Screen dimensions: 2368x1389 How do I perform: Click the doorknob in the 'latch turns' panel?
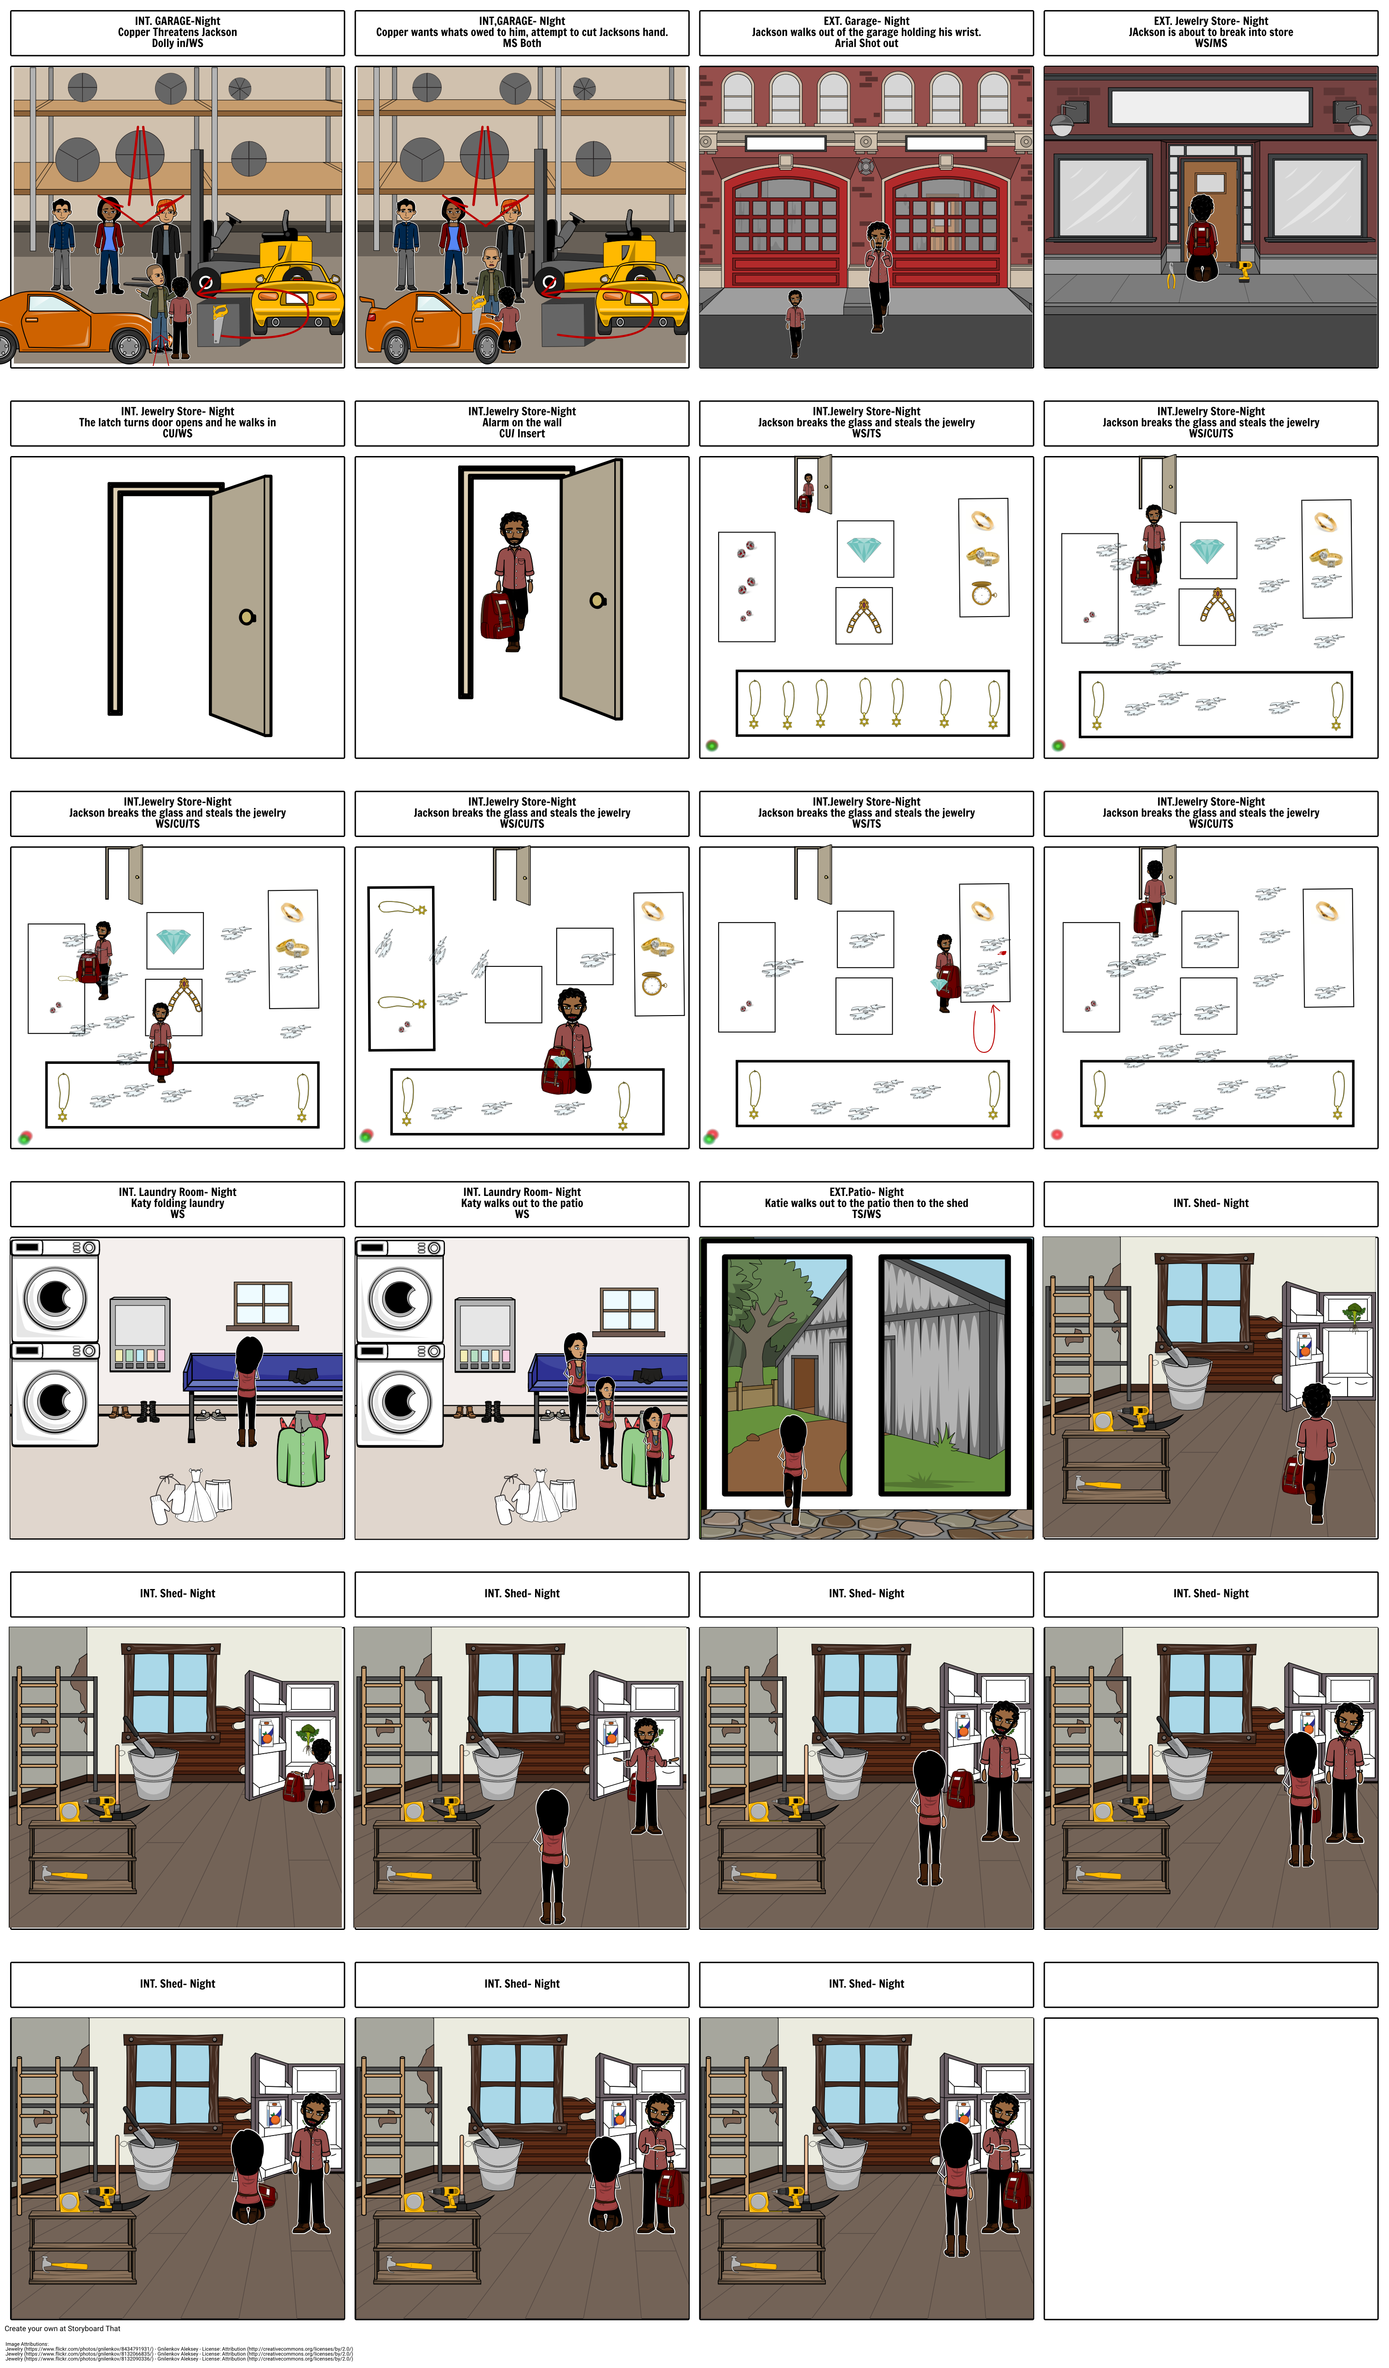(246, 617)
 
